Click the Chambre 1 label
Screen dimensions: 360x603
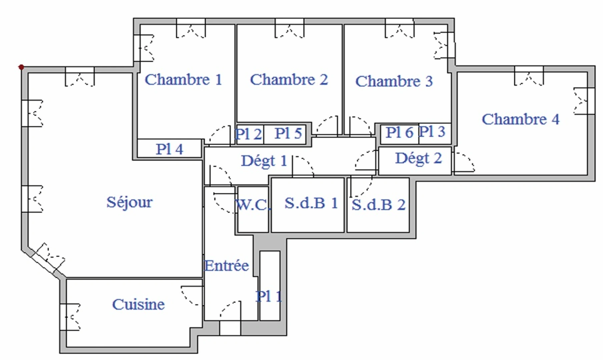pyautogui.click(x=183, y=80)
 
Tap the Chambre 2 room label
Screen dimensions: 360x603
pyautogui.click(x=289, y=80)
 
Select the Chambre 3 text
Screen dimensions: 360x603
pyautogui.click(x=394, y=81)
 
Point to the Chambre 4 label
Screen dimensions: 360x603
pyautogui.click(x=520, y=119)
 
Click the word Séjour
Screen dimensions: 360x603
pyautogui.click(x=129, y=202)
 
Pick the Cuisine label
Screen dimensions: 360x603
pyautogui.click(x=138, y=304)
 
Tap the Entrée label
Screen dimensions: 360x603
pyautogui.click(x=226, y=266)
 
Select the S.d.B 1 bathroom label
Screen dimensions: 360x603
pyautogui.click(x=311, y=203)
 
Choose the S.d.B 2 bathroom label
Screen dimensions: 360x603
pyautogui.click(x=378, y=205)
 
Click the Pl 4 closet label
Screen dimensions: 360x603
pyautogui.click(x=169, y=149)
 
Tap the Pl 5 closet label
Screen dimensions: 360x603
pyautogui.click(x=288, y=134)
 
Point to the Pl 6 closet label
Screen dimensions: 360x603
pyautogui.click(x=399, y=133)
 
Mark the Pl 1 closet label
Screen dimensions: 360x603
pyautogui.click(x=269, y=296)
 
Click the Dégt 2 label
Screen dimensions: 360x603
pyautogui.click(x=418, y=158)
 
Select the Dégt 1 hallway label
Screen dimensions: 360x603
pyautogui.click(x=264, y=161)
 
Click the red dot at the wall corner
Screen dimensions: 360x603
pyautogui.click(x=21, y=67)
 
